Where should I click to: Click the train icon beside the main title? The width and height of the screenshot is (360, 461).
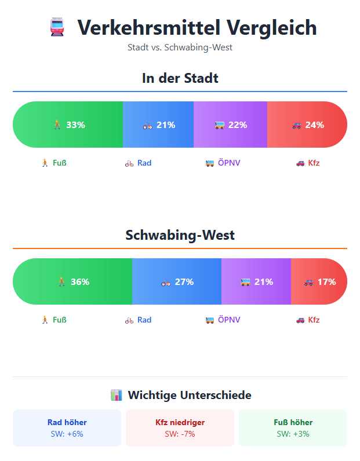[57, 28]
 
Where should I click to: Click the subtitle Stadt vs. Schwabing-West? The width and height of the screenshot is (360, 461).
[180, 47]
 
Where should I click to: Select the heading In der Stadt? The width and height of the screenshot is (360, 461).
[180, 78]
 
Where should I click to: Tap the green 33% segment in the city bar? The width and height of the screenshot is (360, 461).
[68, 125]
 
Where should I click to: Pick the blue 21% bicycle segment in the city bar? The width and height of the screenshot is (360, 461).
[158, 125]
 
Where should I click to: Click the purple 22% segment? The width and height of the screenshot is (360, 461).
[230, 125]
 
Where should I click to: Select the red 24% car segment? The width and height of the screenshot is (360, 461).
[307, 125]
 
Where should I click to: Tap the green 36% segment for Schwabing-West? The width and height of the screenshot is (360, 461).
[72, 281]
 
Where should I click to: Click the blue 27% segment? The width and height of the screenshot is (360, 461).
[177, 281]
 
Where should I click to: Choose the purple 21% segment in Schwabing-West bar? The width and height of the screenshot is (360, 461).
[256, 281]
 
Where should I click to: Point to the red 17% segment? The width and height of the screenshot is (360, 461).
[319, 281]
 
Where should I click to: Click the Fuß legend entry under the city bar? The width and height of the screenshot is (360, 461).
[53, 163]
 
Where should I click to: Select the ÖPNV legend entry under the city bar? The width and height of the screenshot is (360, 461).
[223, 163]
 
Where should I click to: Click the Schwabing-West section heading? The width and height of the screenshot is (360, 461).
[180, 235]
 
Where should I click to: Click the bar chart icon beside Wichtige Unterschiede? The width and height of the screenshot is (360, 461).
[116, 395]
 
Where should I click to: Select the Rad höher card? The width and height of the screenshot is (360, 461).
[67, 428]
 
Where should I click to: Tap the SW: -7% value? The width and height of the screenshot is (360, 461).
[180, 434]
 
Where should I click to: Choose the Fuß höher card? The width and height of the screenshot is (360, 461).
[293, 428]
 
